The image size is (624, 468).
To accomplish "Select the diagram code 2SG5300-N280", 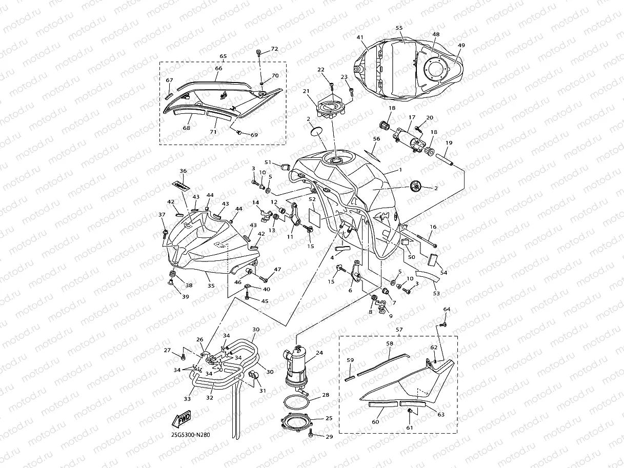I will click(x=190, y=435).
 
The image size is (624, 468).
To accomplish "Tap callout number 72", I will click(x=274, y=49).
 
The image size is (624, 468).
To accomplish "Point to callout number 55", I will click(x=399, y=28).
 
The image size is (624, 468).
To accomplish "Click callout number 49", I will click(x=461, y=46).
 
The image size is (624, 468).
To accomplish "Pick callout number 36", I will click(x=183, y=171).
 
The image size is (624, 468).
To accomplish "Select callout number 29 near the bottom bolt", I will click(x=329, y=436).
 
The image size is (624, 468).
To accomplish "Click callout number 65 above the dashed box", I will click(x=223, y=56).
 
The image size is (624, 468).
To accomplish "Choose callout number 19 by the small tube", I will click(x=449, y=143).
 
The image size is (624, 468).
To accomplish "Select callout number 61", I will click(x=410, y=428).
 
